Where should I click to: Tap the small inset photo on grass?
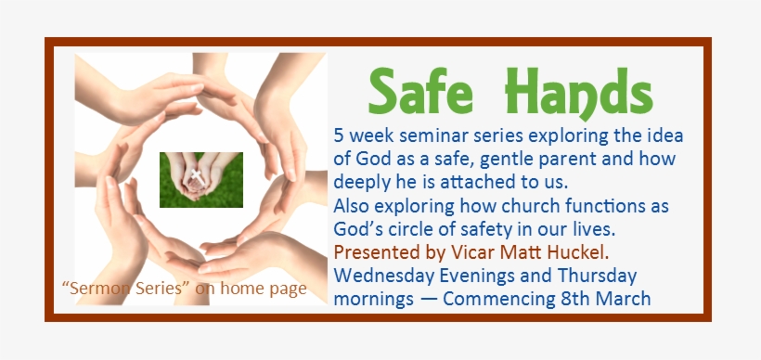tap(201, 179)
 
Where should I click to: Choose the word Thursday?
tap(592, 276)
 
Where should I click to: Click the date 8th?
tap(574, 299)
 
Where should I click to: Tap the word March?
tap(624, 299)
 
